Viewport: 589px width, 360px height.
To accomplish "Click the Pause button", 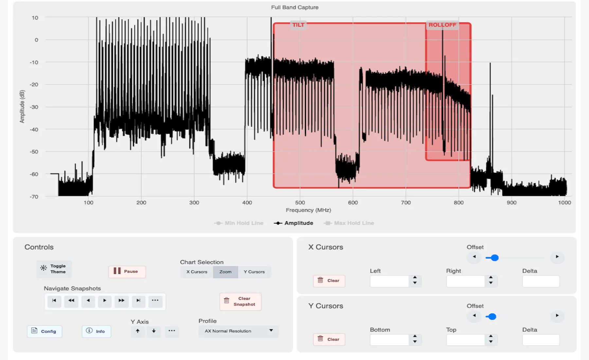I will pos(127,271).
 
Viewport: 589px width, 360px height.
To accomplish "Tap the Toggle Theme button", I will pos(54,269).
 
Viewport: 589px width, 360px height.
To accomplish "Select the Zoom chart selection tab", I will pos(225,272).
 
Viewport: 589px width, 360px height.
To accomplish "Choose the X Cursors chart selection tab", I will pos(197,272).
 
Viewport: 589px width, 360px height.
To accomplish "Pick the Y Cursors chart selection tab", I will pos(254,272).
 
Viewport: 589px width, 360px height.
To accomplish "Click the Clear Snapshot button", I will pos(241,301).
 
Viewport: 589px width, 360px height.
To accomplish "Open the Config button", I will pos(45,331).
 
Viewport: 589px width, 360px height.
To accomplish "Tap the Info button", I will pos(96,331).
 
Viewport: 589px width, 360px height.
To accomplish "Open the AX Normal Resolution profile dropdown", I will pos(239,331).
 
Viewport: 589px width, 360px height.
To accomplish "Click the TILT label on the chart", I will pos(298,25).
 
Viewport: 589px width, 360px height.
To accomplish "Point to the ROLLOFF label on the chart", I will pos(442,25).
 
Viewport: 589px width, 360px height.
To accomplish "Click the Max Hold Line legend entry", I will pos(349,223).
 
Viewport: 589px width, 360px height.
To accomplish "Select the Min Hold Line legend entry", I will pos(239,223).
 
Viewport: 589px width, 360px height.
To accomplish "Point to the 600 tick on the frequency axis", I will pos(353,203).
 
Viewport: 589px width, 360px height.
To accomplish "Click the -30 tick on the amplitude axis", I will pos(34,107).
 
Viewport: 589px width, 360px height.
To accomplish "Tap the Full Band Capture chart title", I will pos(294,7).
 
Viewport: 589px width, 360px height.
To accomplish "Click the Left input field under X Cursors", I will pos(389,281).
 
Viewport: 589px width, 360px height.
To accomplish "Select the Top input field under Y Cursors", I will pos(465,340).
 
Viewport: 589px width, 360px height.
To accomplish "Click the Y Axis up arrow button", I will pos(138,331).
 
